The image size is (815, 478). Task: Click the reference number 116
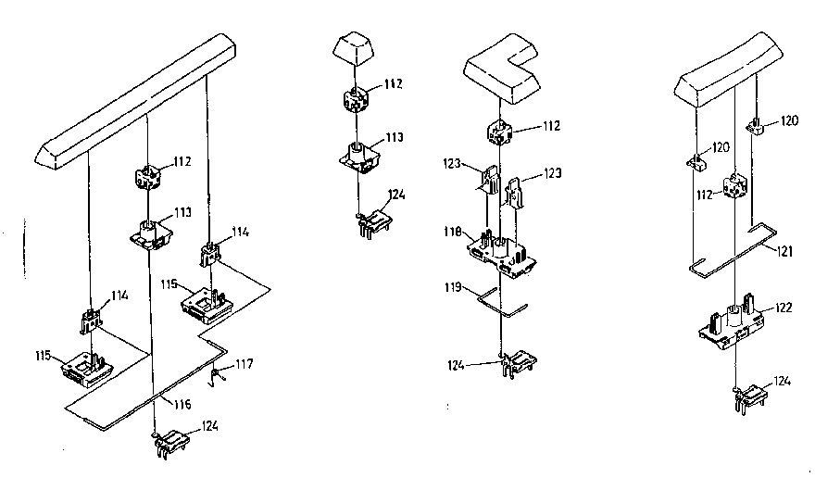point(182,404)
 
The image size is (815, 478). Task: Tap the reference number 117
point(244,363)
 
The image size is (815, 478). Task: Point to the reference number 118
point(453,232)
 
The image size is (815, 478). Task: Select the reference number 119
point(453,287)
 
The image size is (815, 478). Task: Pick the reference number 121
point(784,251)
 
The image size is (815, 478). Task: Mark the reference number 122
point(784,308)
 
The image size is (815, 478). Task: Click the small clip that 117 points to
point(218,376)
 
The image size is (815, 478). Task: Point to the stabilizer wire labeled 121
point(733,249)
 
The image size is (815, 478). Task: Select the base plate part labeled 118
point(501,254)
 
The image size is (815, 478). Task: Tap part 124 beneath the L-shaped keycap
point(516,363)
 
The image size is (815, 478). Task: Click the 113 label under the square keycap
point(395,137)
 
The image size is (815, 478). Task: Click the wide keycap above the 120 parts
point(728,69)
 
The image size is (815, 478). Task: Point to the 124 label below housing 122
point(783,382)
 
